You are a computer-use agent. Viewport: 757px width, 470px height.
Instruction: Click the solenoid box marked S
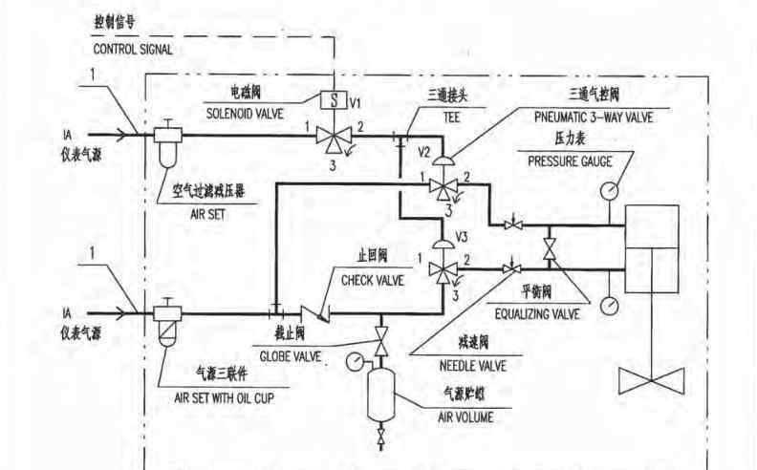(334, 100)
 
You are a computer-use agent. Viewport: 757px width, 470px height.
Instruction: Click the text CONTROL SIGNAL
(133, 50)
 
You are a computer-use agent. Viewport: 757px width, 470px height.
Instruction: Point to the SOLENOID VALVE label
(245, 114)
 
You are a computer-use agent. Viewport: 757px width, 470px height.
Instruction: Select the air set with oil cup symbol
(167, 321)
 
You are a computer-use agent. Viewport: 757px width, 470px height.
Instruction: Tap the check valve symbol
(314, 313)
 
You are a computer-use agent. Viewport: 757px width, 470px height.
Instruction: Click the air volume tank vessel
(381, 394)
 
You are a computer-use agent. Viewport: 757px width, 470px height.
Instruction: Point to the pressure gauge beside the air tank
(355, 361)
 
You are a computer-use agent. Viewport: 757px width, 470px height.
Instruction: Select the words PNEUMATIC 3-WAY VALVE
(594, 117)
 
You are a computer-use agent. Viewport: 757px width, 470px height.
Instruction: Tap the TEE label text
(451, 117)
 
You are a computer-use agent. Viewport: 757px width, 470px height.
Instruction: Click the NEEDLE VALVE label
(472, 366)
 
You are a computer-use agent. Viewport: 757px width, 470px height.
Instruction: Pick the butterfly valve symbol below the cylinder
(652, 381)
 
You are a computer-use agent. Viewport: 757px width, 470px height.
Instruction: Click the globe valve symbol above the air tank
(381, 341)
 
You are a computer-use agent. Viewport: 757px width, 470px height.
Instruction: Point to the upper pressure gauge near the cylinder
(609, 190)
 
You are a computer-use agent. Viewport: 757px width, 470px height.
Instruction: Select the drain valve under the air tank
(381, 437)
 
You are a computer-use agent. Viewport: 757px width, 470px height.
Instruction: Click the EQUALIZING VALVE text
(537, 314)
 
